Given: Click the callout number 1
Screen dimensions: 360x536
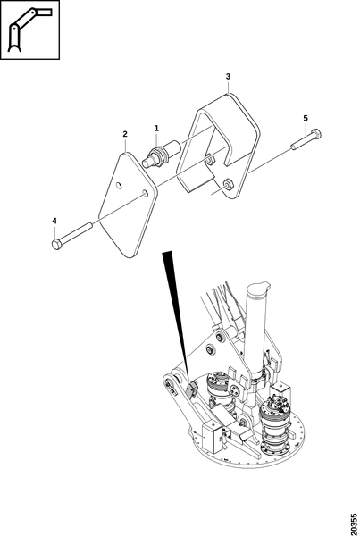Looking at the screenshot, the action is coord(156,128).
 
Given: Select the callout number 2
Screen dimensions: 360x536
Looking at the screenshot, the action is coord(125,134).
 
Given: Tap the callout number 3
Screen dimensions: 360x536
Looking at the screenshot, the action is coord(228,76).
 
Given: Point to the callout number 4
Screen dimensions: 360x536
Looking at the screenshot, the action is coord(54,222).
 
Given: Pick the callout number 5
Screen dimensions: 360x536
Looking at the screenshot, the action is coord(306,118).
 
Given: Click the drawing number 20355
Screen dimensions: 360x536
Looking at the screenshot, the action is coord(354,523).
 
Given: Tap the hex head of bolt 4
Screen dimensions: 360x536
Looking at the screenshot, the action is coord(57,245).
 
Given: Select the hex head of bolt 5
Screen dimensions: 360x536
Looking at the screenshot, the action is coord(316,134).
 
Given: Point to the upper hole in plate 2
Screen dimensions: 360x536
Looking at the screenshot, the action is coord(119,186).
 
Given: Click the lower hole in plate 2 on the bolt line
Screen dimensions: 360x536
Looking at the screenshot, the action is coord(145,193).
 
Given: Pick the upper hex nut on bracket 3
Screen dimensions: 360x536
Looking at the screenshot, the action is coord(210,159).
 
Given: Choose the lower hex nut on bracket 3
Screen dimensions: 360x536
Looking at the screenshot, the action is coord(227,183).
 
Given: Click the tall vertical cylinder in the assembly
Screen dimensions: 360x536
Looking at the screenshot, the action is coord(255,328).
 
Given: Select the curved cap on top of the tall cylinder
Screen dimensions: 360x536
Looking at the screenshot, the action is coord(258,287).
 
